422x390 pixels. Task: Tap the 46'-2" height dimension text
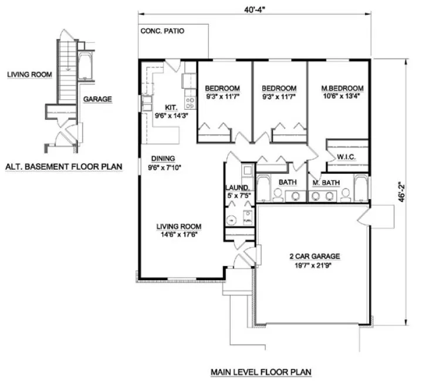[401, 191]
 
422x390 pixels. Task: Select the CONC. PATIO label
[162, 31]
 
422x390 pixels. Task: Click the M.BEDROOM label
[338, 88]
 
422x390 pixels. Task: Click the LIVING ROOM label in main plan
[180, 226]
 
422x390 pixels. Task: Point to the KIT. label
[170, 107]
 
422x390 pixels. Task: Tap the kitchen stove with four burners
[190, 103]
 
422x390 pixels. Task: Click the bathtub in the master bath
[360, 189]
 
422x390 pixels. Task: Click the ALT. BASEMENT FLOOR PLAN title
[63, 166]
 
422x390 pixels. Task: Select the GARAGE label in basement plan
[97, 99]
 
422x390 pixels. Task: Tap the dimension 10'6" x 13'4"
[338, 96]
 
